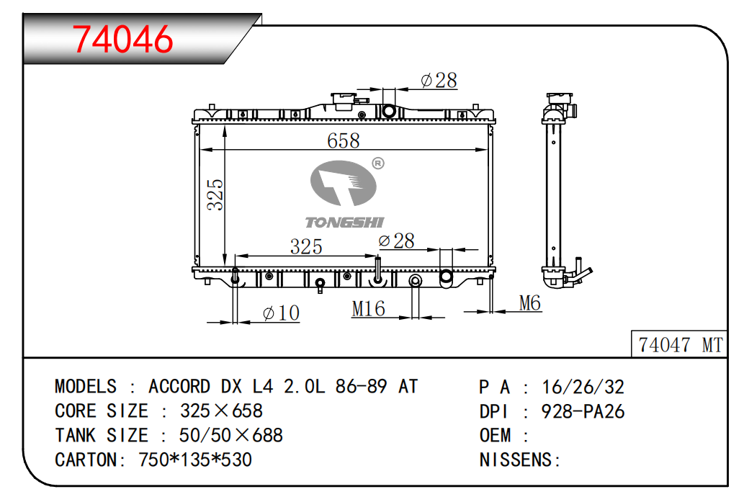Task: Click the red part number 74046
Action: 122,39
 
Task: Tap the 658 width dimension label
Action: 344,140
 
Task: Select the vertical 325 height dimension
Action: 215,194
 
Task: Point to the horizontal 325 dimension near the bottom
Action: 306,246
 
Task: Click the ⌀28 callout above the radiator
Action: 439,80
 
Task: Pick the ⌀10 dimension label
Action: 281,313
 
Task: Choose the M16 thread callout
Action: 368,309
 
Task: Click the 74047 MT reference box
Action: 679,344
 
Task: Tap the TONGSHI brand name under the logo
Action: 344,223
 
